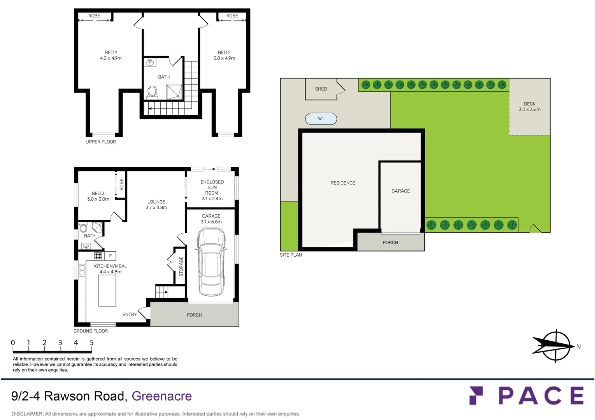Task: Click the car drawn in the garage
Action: click(x=211, y=262)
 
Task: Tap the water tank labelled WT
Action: click(x=321, y=119)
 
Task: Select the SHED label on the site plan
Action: click(x=321, y=89)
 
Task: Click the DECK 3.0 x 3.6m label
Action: click(x=529, y=107)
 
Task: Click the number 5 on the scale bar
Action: click(x=92, y=343)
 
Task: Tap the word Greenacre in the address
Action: click(x=161, y=396)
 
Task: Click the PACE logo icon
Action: click(x=476, y=395)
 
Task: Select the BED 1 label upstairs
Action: click(x=111, y=55)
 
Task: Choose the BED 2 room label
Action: click(x=224, y=55)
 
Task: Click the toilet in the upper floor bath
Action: click(x=152, y=92)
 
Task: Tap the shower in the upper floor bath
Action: click(x=174, y=92)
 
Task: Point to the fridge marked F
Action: click(x=111, y=255)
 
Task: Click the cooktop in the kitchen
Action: click(x=98, y=255)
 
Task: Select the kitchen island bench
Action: click(x=107, y=291)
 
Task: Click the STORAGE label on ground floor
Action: click(x=181, y=266)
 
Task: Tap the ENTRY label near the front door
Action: click(x=130, y=315)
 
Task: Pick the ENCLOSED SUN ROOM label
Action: click(x=212, y=190)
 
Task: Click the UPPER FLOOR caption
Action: click(x=101, y=142)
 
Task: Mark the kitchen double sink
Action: click(x=82, y=270)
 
